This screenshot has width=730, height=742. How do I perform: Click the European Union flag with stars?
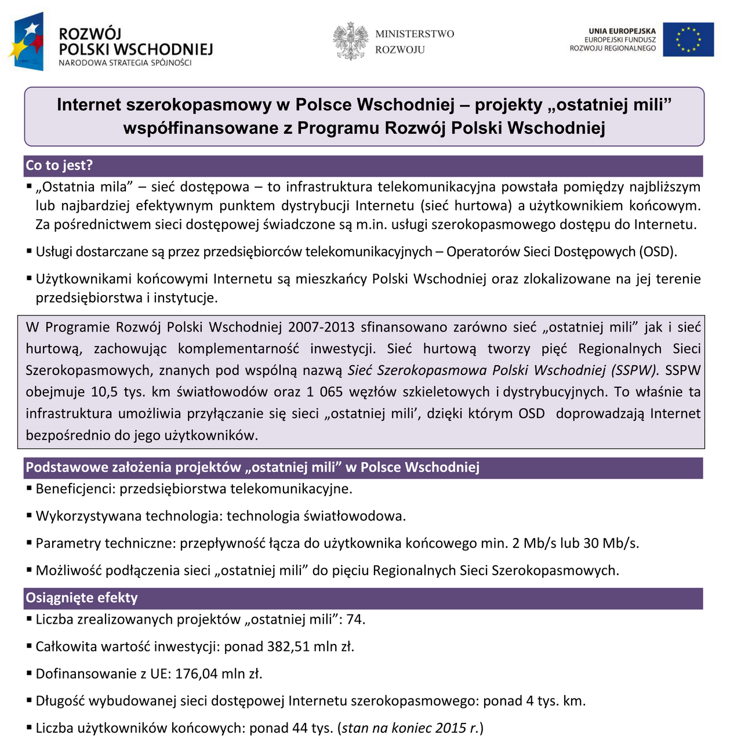click(688, 39)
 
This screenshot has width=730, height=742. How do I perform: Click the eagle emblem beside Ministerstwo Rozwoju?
click(351, 41)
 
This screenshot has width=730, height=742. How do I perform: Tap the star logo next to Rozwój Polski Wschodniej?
click(27, 42)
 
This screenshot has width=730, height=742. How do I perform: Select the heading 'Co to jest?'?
click(59, 166)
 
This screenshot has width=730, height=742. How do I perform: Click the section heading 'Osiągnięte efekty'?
click(82, 598)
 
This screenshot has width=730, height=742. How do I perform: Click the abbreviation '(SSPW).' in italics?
click(635, 370)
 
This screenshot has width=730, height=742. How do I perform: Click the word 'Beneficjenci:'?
click(75, 489)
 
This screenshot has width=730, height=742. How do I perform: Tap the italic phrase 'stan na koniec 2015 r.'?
click(410, 729)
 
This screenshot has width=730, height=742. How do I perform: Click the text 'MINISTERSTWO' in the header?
click(415, 34)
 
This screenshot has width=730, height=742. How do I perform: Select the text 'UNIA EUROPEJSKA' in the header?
click(622, 31)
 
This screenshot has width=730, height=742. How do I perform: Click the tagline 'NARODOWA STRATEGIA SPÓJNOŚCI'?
click(125, 63)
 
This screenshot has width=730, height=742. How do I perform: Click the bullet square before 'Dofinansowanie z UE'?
click(29, 673)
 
